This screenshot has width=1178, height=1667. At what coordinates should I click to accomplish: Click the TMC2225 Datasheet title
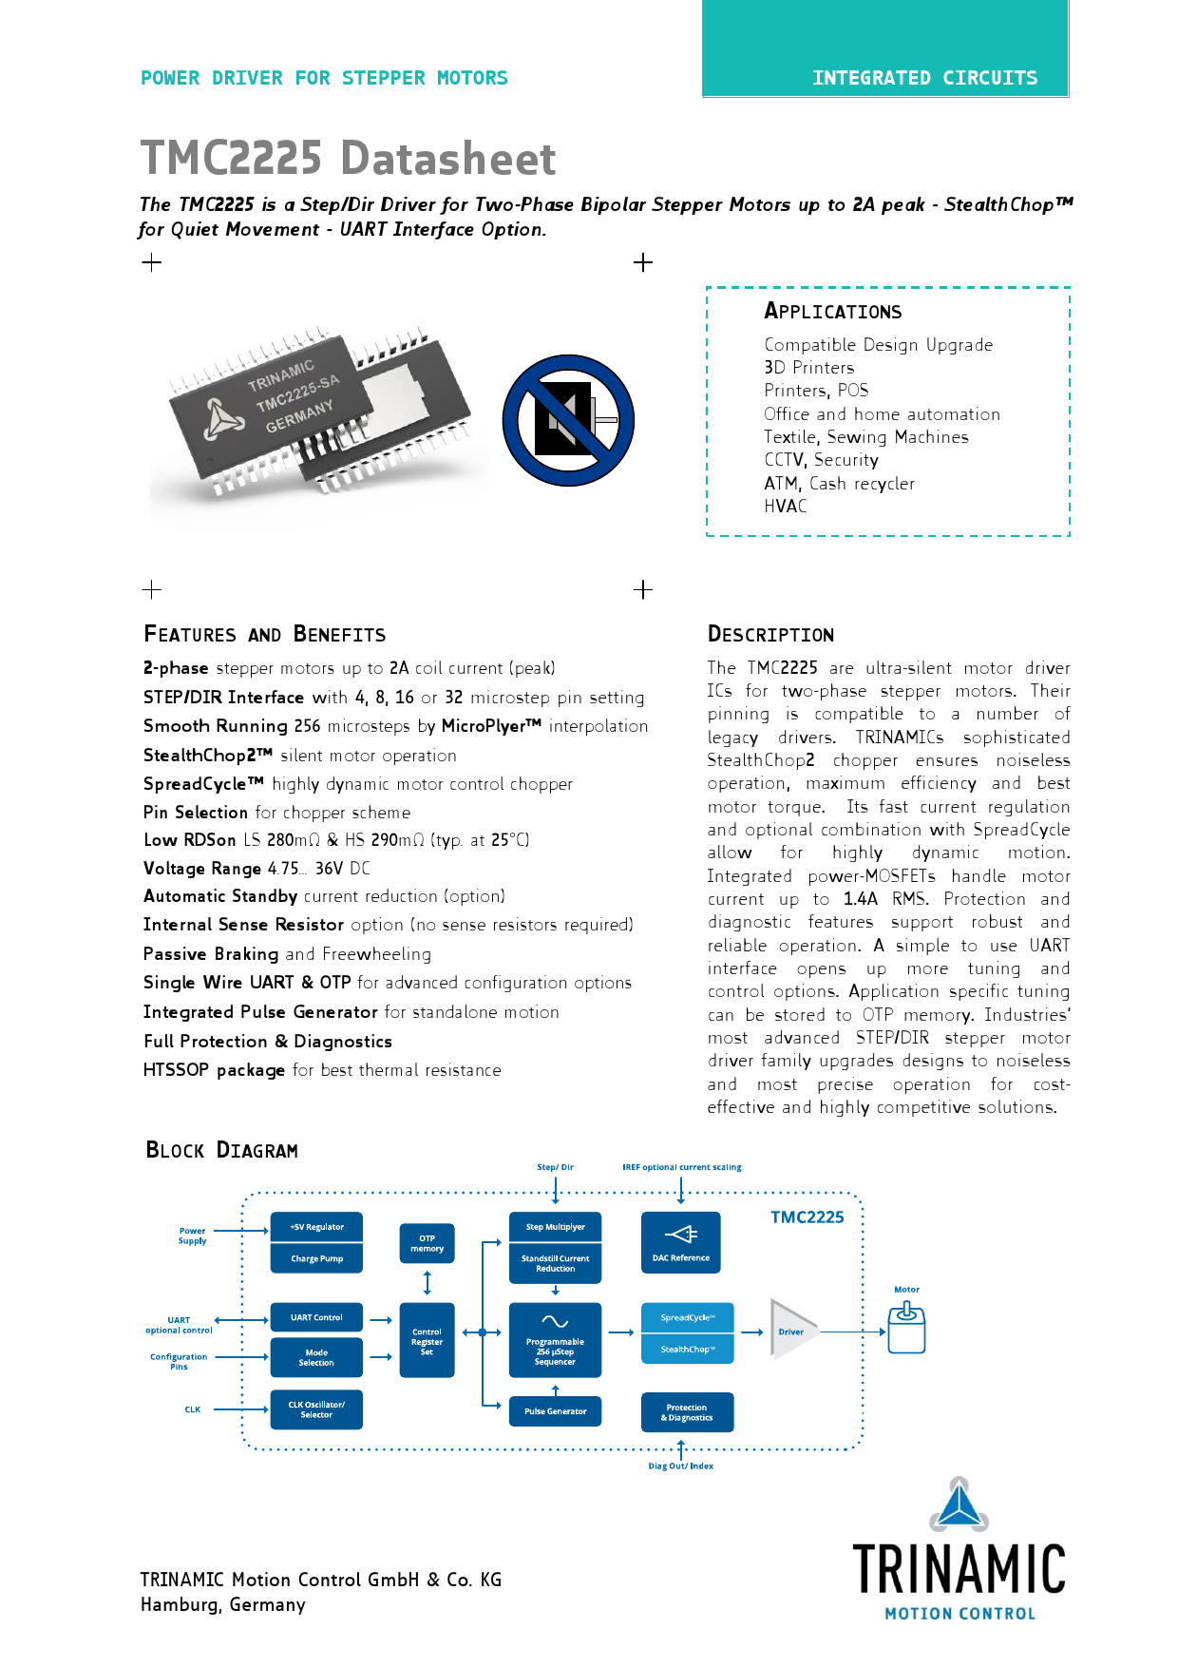[348, 158]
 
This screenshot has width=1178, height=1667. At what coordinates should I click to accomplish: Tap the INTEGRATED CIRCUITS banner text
[924, 78]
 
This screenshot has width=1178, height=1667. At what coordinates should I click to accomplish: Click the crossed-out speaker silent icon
[568, 420]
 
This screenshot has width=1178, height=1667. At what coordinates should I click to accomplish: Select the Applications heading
[832, 311]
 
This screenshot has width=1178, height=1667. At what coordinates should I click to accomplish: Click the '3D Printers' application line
[808, 368]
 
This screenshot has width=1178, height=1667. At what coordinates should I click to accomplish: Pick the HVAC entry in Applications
[785, 507]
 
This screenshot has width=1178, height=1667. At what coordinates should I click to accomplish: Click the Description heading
[770, 634]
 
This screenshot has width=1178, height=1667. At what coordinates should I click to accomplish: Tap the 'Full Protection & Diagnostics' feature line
[267, 1042]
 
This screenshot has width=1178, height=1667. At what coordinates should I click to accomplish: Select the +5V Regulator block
[316, 1227]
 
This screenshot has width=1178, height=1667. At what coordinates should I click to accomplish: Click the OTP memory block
[427, 1243]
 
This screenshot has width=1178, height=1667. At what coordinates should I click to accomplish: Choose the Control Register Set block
[427, 1341]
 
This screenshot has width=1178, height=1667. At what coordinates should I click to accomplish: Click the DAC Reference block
[680, 1242]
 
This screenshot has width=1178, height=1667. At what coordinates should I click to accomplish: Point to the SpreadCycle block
[687, 1317]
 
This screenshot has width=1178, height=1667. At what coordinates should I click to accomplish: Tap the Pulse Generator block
[555, 1411]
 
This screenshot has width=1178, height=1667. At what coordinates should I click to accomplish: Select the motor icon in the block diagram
[906, 1328]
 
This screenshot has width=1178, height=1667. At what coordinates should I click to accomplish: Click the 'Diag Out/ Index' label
[680, 1466]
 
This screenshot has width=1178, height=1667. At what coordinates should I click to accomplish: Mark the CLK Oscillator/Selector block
[316, 1409]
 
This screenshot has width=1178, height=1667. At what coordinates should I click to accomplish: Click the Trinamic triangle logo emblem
[959, 1504]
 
